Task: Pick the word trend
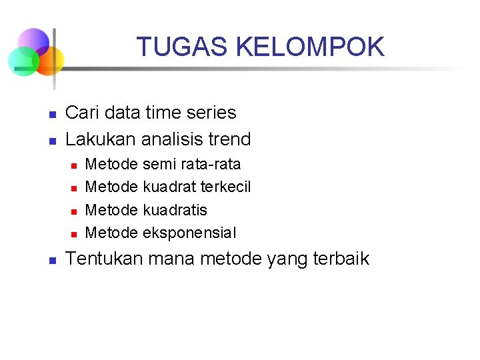pyautogui.click(x=229, y=139)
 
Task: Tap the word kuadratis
pyautogui.click(x=175, y=210)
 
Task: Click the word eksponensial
pyautogui.click(x=189, y=233)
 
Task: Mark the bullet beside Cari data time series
pyautogui.click(x=51, y=115)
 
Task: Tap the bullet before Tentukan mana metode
pyautogui.click(x=51, y=261)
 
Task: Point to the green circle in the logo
pyautogui.click(x=21, y=62)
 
